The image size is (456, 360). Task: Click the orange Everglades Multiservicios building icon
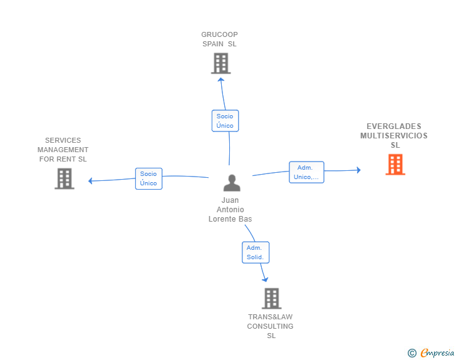pyautogui.click(x=395, y=165)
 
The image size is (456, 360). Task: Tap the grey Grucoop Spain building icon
pyautogui.click(x=220, y=63)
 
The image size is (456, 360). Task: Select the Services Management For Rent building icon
pyautogui.click(x=64, y=178)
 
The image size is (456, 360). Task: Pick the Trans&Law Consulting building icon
pyautogui.click(x=271, y=299)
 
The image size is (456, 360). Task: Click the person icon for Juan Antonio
pyautogui.click(x=231, y=183)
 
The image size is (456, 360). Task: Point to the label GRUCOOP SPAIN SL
pyautogui.click(x=219, y=39)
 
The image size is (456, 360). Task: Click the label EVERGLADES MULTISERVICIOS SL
pyautogui.click(x=394, y=136)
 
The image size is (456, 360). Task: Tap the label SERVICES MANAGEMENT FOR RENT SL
pyautogui.click(x=63, y=150)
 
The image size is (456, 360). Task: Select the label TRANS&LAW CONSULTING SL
pyautogui.click(x=271, y=326)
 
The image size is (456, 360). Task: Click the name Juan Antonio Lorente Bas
pyautogui.click(x=230, y=210)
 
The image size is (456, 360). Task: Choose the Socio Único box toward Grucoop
pyautogui.click(x=225, y=121)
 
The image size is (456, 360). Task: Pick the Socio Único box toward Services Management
pyautogui.click(x=148, y=178)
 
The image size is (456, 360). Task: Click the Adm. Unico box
pyautogui.click(x=306, y=172)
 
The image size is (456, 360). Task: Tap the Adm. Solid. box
pyautogui.click(x=256, y=252)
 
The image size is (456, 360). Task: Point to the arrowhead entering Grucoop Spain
pyautogui.click(x=220, y=80)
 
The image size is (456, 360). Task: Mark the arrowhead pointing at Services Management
pyautogui.click(x=91, y=181)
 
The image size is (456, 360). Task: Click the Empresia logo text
pyautogui.click(x=437, y=353)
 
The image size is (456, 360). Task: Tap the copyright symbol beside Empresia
pyautogui.click(x=412, y=353)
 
